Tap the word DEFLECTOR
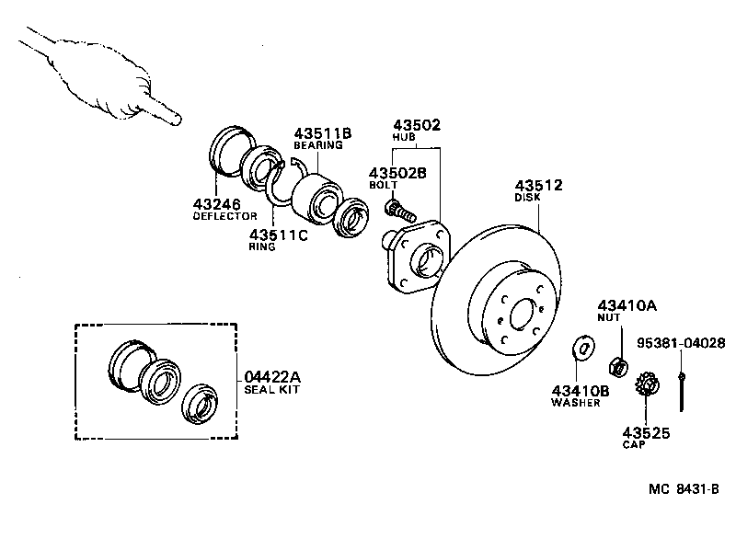coord(224,216)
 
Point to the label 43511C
coord(279,234)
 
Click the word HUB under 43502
coord(406,137)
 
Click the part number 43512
coord(538,184)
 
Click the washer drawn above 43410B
coord(581,348)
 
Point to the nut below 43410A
coord(620,365)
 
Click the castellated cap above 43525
coord(645,383)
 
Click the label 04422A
coord(272,376)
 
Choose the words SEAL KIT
coord(272,390)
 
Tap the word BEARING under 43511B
coord(317,145)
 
